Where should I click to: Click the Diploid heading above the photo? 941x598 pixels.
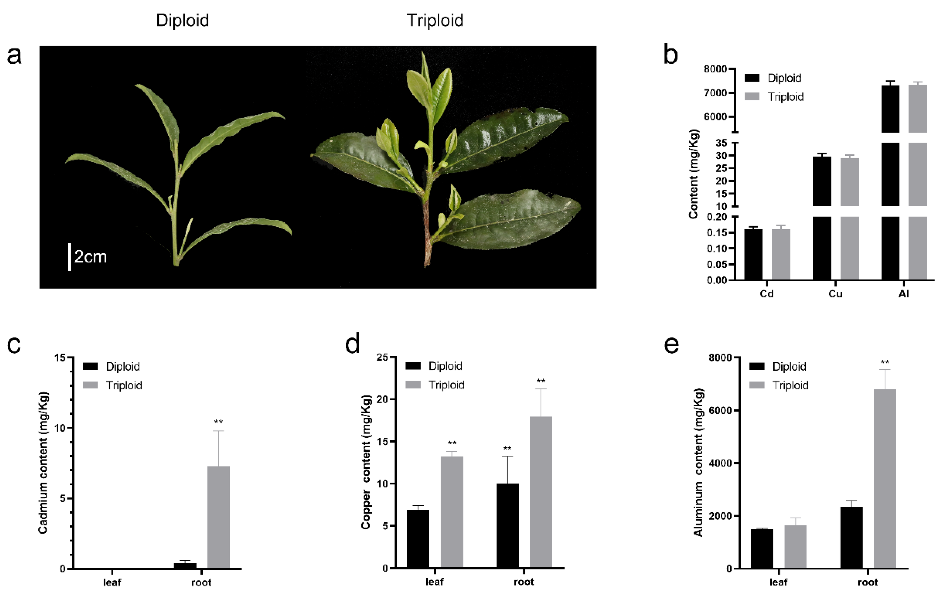point(182,20)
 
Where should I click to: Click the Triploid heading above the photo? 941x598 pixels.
point(435,20)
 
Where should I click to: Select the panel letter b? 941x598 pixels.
point(671,55)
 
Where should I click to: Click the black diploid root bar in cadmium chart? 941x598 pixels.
point(185,565)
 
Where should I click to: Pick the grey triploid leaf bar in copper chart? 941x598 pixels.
point(452,512)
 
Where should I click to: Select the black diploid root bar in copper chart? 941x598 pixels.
point(508,525)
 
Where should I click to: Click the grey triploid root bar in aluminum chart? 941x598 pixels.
point(885,479)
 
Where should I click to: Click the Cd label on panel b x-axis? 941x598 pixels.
point(766,294)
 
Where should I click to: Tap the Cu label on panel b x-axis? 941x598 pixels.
point(835,294)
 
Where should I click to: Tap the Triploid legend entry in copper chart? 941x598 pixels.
point(446,385)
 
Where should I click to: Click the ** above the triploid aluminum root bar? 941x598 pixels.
point(885,362)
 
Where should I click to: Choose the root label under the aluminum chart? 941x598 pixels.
point(867,582)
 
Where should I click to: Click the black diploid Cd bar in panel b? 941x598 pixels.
point(753,254)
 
